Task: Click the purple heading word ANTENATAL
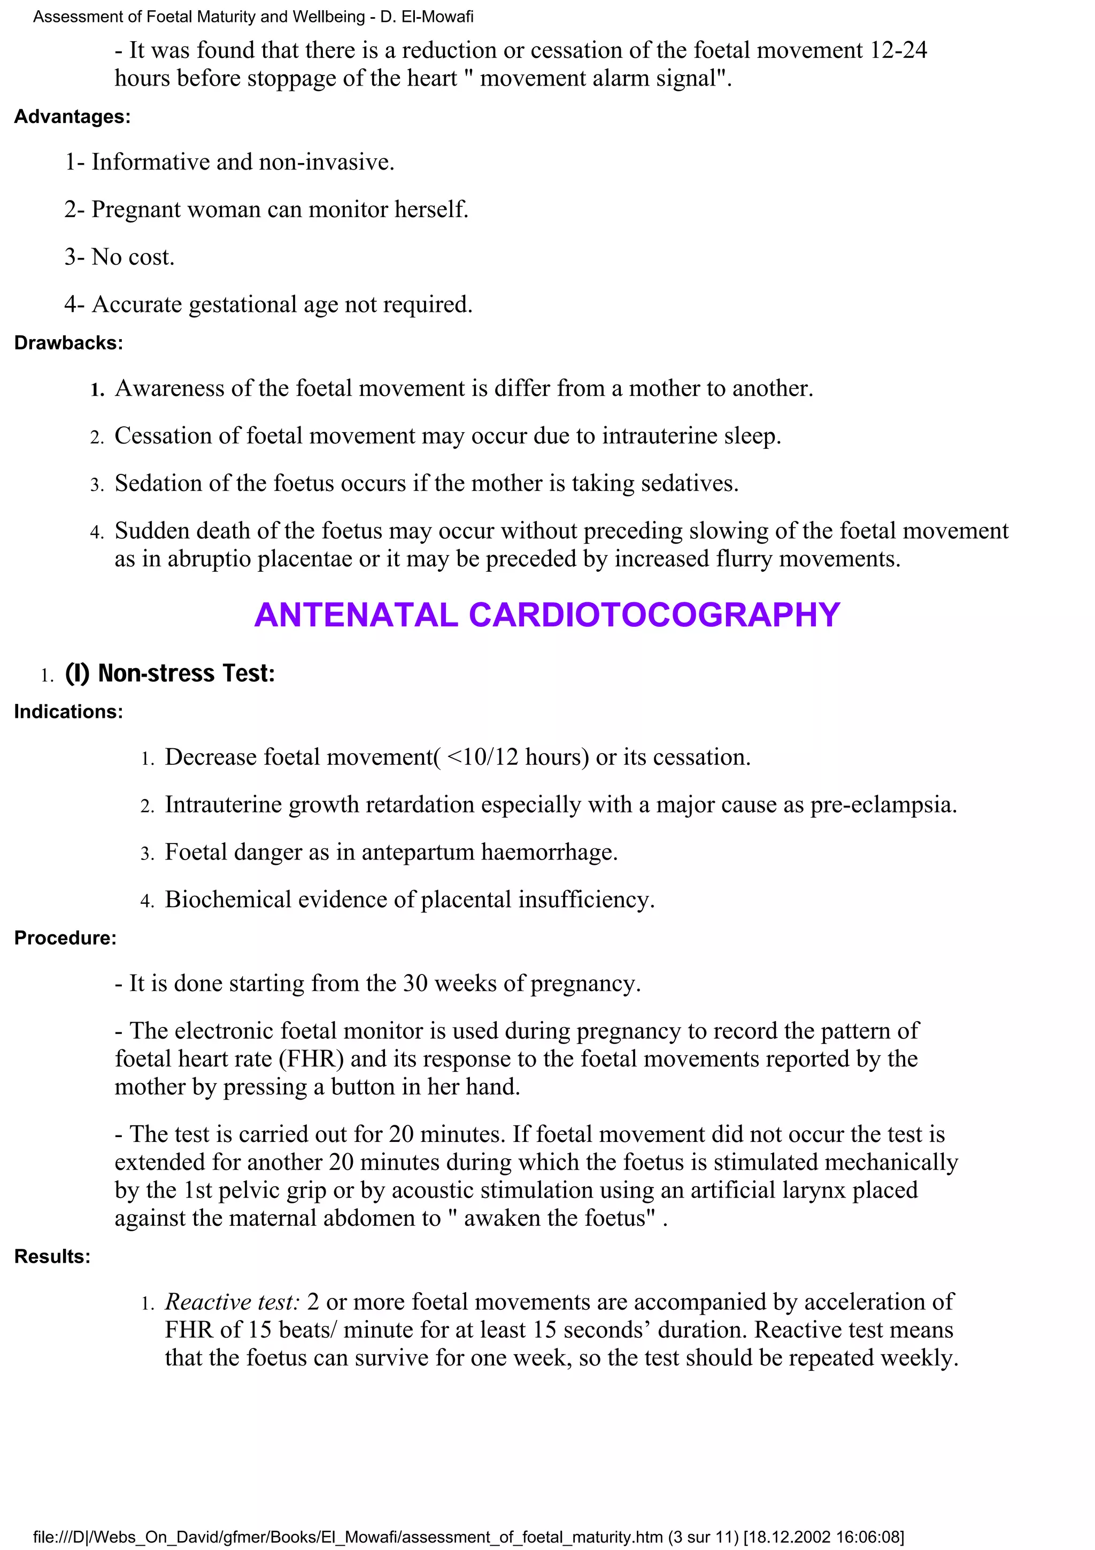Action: point(356,615)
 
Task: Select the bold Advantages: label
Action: point(72,117)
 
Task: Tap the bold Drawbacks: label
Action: point(68,343)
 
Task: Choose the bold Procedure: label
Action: point(65,938)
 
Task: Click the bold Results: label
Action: point(52,1256)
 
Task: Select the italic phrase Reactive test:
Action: point(232,1302)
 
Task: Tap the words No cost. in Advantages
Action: point(133,257)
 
